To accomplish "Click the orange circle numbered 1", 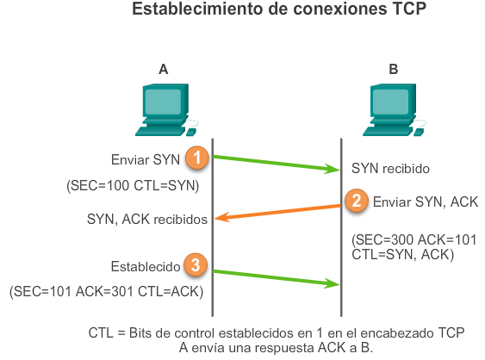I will tap(197, 158).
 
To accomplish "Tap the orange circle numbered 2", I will tap(354, 201).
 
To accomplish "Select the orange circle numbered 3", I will tap(196, 265).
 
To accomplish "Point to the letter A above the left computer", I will tap(164, 70).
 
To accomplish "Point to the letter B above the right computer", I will tap(394, 70).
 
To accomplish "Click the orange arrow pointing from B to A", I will tap(276, 213).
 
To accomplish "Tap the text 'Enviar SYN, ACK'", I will tap(424, 202).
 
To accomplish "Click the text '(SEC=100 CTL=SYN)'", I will tap(133, 184).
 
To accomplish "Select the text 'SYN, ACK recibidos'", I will tap(147, 220).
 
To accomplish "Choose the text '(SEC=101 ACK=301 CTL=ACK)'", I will tap(107, 292).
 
